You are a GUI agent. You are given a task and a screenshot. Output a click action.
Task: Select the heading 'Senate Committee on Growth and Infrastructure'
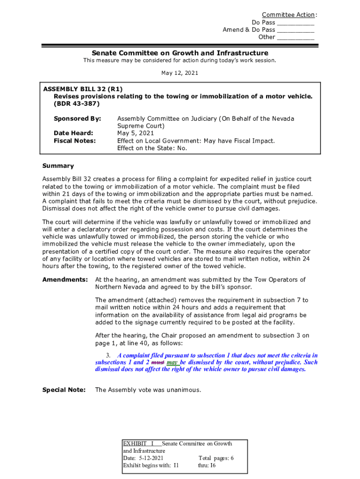[180, 53]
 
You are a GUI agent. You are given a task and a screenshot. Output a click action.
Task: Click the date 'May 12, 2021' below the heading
[180, 73]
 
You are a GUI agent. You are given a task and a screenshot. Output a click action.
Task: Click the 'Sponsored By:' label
[77, 119]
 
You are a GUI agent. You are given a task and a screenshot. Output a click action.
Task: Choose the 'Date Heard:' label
[73, 133]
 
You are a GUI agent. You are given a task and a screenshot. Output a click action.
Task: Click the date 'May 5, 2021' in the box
[136, 133]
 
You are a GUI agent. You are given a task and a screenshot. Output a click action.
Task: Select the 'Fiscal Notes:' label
[75, 141]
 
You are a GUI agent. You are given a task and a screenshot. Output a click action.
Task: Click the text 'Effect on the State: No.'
[152, 148]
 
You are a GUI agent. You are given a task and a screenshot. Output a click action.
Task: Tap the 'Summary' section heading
[58, 166]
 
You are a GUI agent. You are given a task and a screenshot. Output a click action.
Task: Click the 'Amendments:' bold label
[65, 280]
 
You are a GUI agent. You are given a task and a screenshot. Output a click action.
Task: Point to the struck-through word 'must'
[158, 363]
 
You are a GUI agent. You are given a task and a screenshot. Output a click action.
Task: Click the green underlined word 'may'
[172, 363]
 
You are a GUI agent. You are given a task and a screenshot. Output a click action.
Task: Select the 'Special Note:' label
[64, 390]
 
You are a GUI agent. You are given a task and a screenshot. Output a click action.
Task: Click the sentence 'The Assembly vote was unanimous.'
[148, 390]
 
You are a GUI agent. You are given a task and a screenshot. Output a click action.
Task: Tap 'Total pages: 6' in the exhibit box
[216, 458]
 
